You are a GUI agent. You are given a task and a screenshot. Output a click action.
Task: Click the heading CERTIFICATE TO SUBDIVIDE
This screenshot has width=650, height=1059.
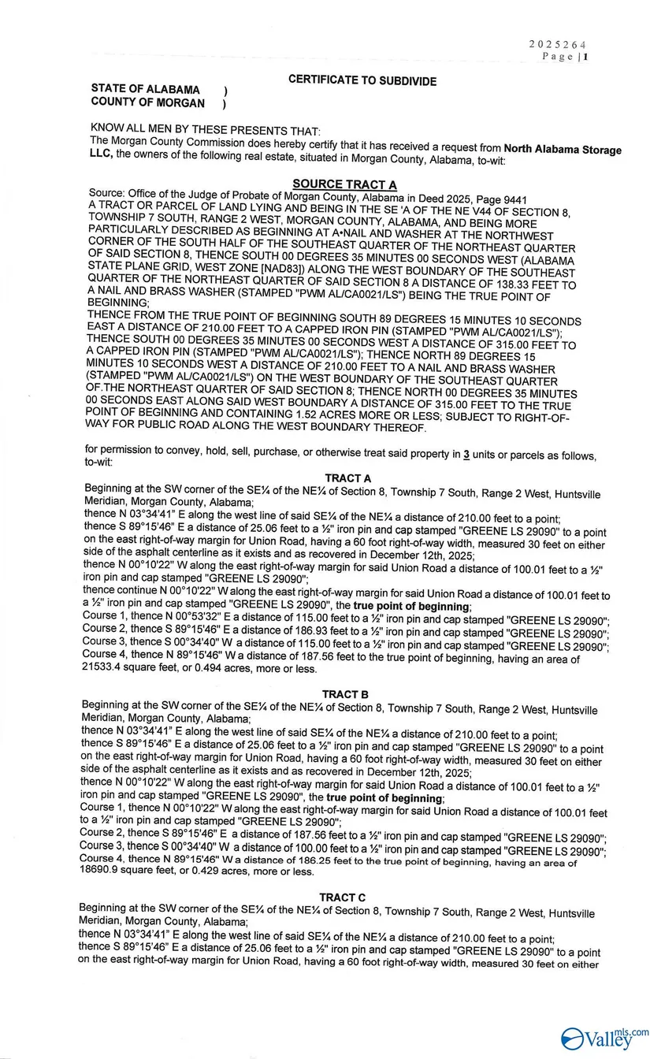[362, 80]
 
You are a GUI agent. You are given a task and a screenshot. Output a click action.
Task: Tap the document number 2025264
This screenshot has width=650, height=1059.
[557, 45]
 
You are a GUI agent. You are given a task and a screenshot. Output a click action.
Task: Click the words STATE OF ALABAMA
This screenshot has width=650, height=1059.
[146, 90]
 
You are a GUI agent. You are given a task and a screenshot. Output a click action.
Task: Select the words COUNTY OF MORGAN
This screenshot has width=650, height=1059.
[148, 103]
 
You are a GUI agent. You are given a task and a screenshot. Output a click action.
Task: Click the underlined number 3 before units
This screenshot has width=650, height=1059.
[466, 455]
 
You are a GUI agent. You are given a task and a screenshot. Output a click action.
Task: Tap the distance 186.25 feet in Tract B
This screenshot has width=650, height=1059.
[314, 862]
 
